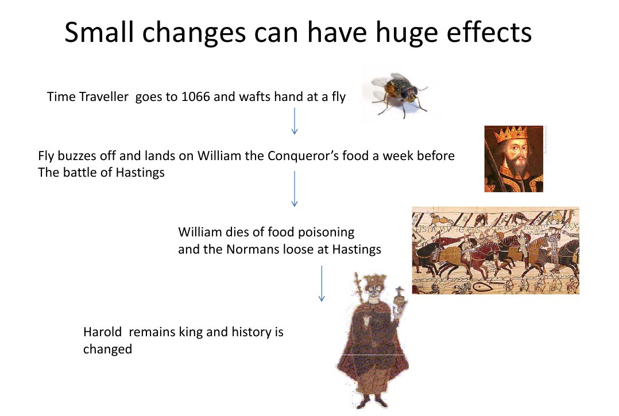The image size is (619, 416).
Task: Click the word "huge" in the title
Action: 406,33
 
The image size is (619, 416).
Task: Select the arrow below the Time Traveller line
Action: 295,121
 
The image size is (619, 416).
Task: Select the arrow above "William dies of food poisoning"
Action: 295,189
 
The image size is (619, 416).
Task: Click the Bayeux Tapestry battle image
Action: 496,250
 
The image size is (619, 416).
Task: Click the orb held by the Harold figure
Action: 401,300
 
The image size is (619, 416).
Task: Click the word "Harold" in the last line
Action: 103,332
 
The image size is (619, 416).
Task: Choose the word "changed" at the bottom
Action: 107,350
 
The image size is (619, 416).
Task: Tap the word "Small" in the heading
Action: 99,32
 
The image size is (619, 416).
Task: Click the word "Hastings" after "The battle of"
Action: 140,173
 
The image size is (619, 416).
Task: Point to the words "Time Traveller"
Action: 88,96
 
